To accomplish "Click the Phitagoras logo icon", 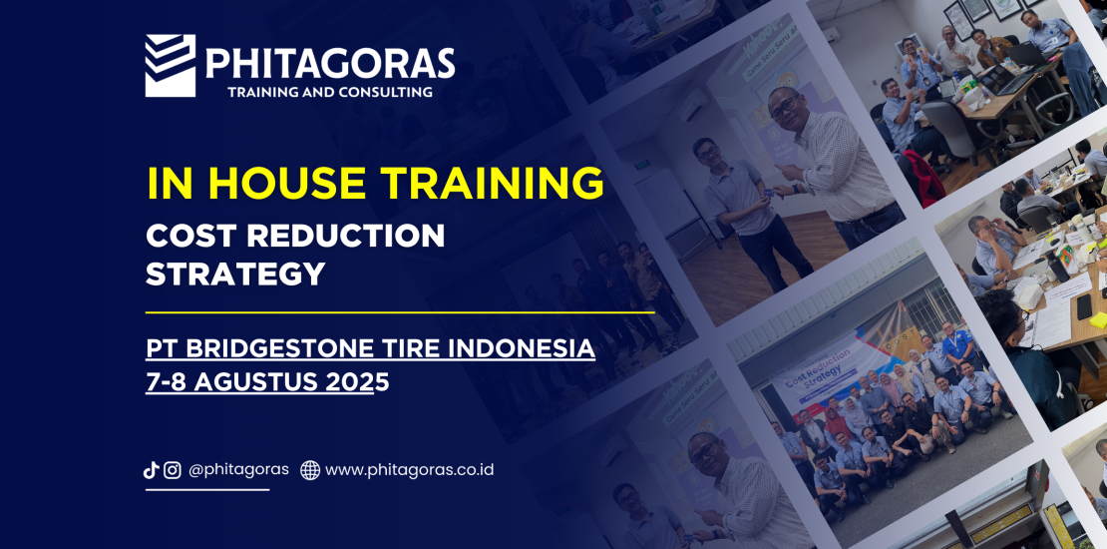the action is pyautogui.click(x=171, y=65).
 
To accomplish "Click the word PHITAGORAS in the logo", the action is pyautogui.click(x=330, y=63).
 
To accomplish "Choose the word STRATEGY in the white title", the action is pyautogui.click(x=235, y=274).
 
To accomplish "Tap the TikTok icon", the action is pyautogui.click(x=151, y=470).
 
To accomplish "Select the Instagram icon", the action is pyautogui.click(x=173, y=470).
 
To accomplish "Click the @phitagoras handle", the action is pyautogui.click(x=238, y=469).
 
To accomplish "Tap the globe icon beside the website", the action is pyautogui.click(x=310, y=470).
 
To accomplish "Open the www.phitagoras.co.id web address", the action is pyautogui.click(x=410, y=469).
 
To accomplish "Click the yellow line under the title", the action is pyautogui.click(x=400, y=311).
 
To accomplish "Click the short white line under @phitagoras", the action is pyautogui.click(x=207, y=489).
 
